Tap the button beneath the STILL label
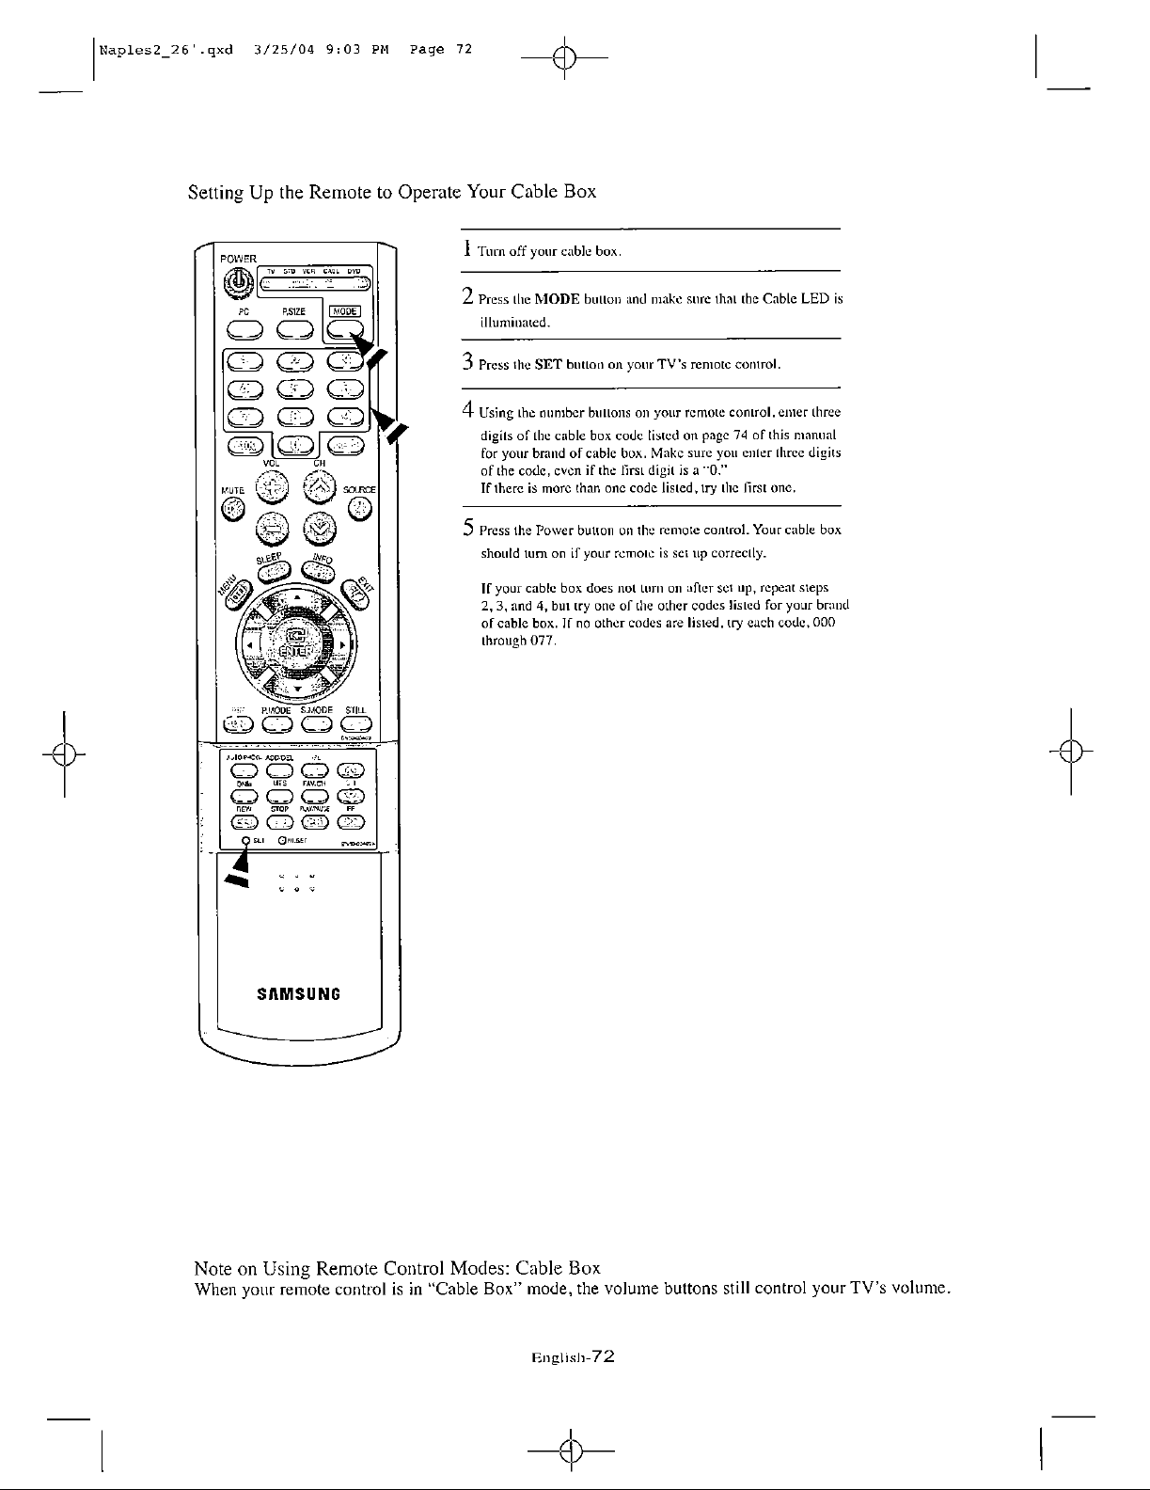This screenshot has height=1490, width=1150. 357,723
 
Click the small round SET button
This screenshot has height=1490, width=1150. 246,840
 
